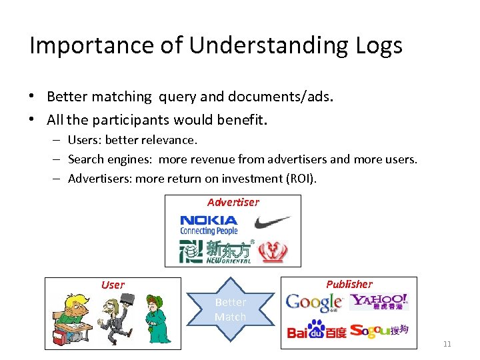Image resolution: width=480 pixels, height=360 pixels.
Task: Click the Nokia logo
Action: (209, 225)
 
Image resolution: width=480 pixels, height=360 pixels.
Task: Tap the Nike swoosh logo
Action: (272, 221)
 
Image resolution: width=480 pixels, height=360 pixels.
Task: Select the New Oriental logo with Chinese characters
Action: (215, 251)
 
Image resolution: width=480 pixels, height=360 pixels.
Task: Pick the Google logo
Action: (313, 303)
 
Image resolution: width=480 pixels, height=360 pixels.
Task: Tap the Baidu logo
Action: (316, 330)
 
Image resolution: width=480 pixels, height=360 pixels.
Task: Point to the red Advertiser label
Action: (233, 202)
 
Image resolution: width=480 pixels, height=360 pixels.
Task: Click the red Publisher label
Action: (349, 284)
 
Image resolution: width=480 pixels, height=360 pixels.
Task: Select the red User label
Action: (113, 285)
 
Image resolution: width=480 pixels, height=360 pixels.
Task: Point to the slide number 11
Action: (447, 344)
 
